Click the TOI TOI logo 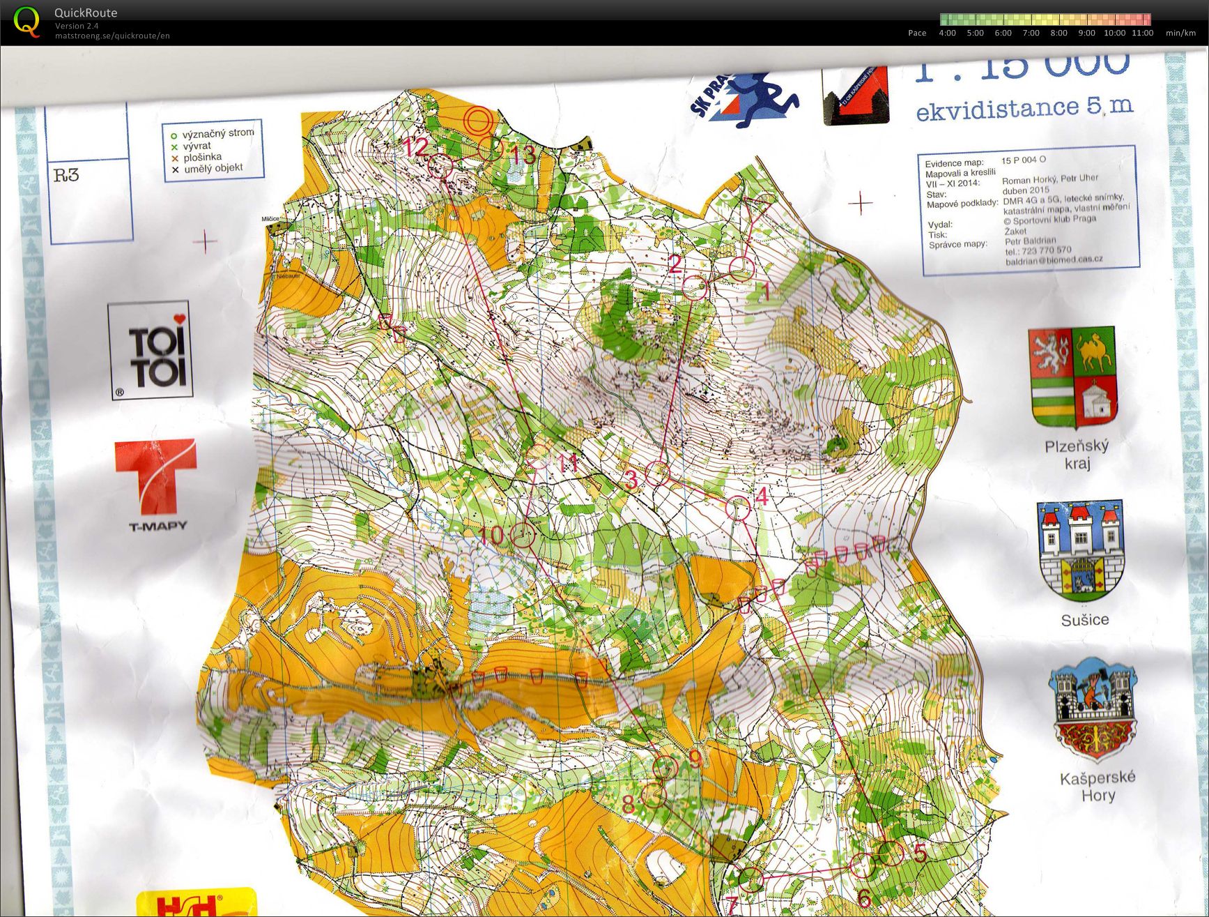pyautogui.click(x=150, y=351)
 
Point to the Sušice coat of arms pyautogui.click(x=1081, y=551)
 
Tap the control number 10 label pyautogui.click(x=491, y=536)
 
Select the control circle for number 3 pyautogui.click(x=656, y=473)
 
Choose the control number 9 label pyautogui.click(x=695, y=759)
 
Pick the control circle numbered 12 pyautogui.click(x=440, y=166)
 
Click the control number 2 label pyautogui.click(x=675, y=264)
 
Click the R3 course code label pyautogui.click(x=67, y=174)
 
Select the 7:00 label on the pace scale pyautogui.click(x=1030, y=33)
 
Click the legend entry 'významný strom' pyautogui.click(x=217, y=133)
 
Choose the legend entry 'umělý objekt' pyautogui.click(x=213, y=168)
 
